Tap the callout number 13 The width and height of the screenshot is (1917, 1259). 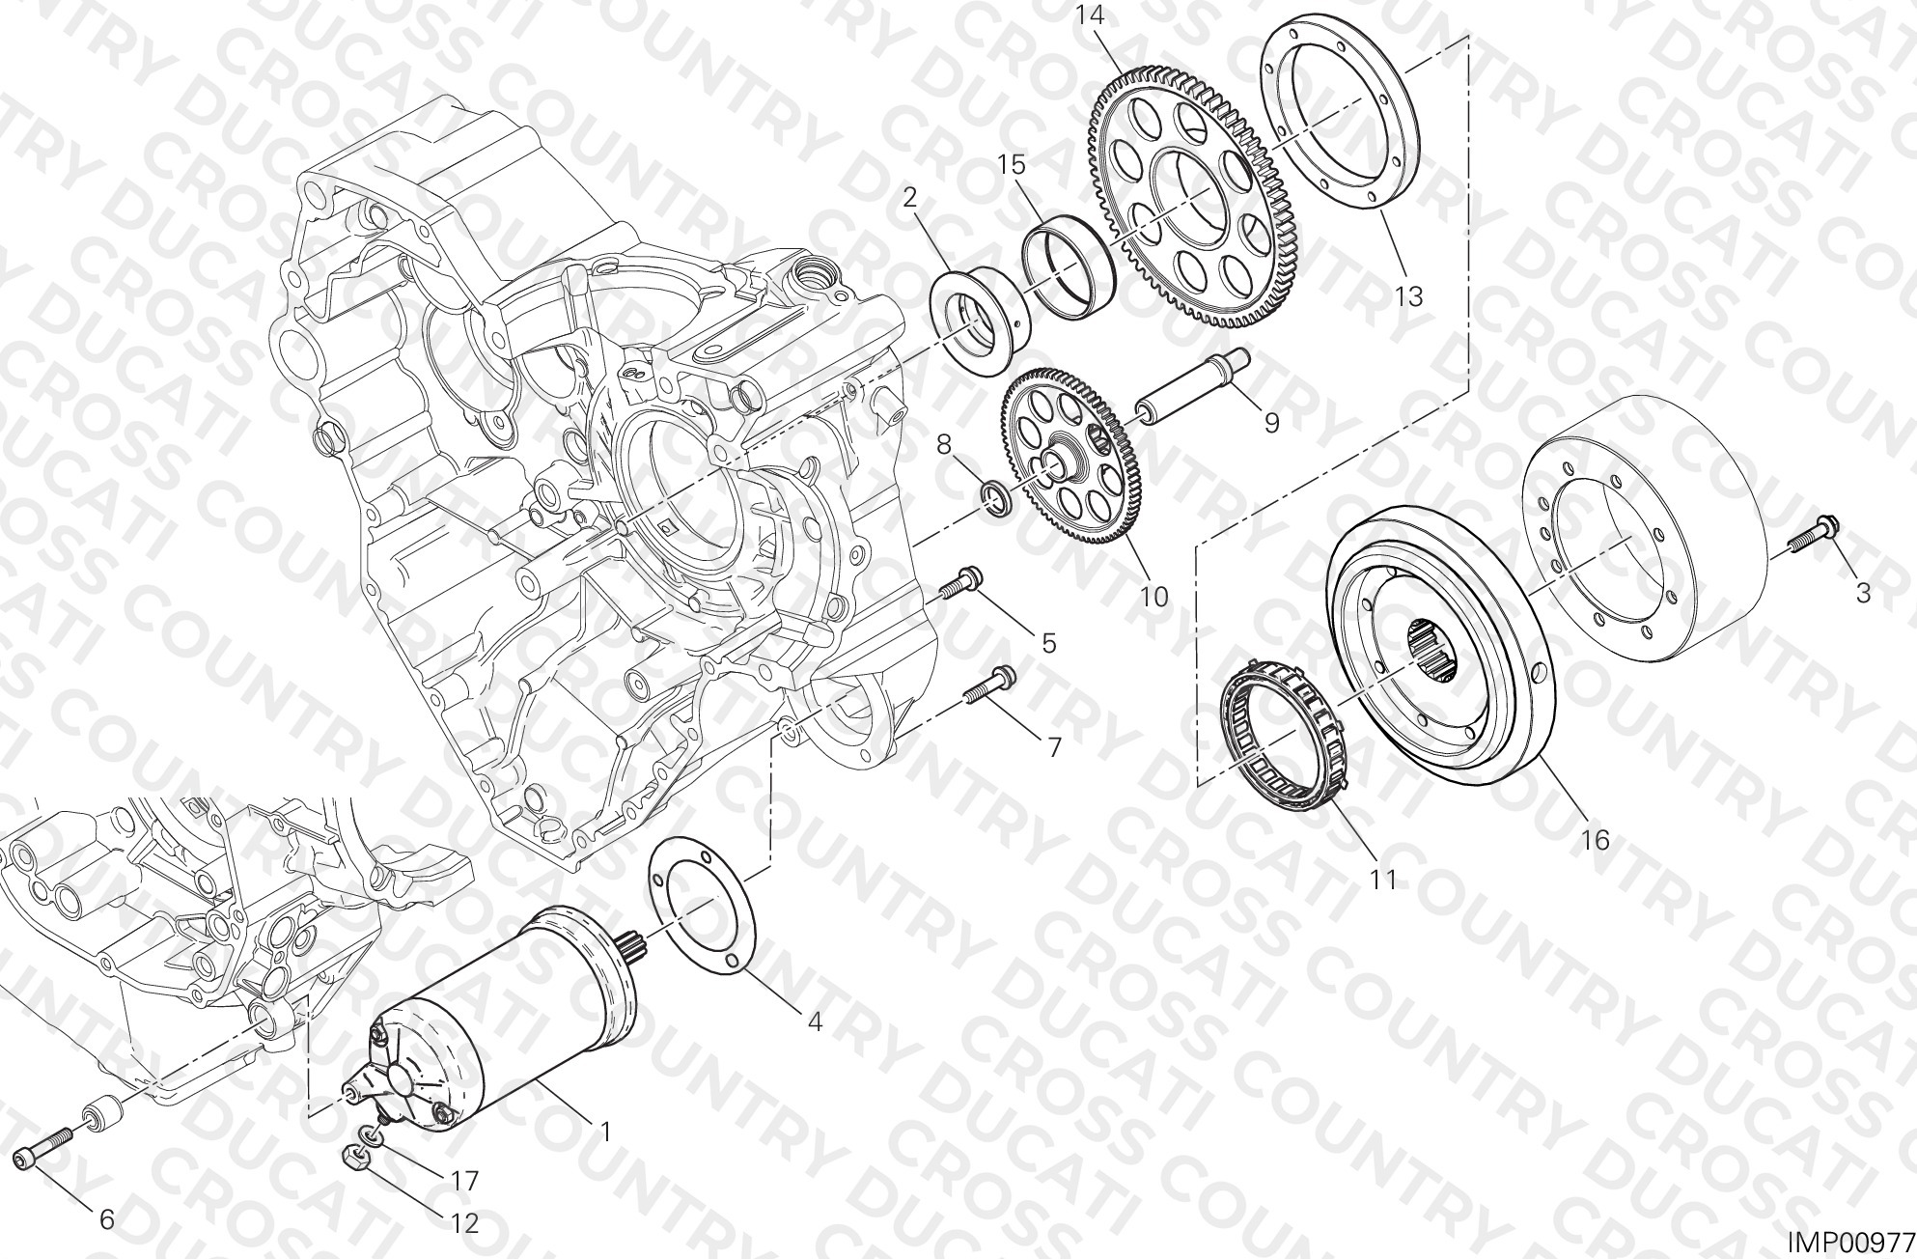pyautogui.click(x=1409, y=295)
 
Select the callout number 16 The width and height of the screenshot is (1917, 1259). pyautogui.click(x=1595, y=840)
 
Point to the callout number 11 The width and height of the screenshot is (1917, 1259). pyautogui.click(x=1382, y=880)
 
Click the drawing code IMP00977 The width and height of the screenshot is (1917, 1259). pyautogui.click(x=1847, y=1242)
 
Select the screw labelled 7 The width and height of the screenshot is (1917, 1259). pyautogui.click(x=989, y=685)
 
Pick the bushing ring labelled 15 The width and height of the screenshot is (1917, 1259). pyautogui.click(x=1070, y=267)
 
